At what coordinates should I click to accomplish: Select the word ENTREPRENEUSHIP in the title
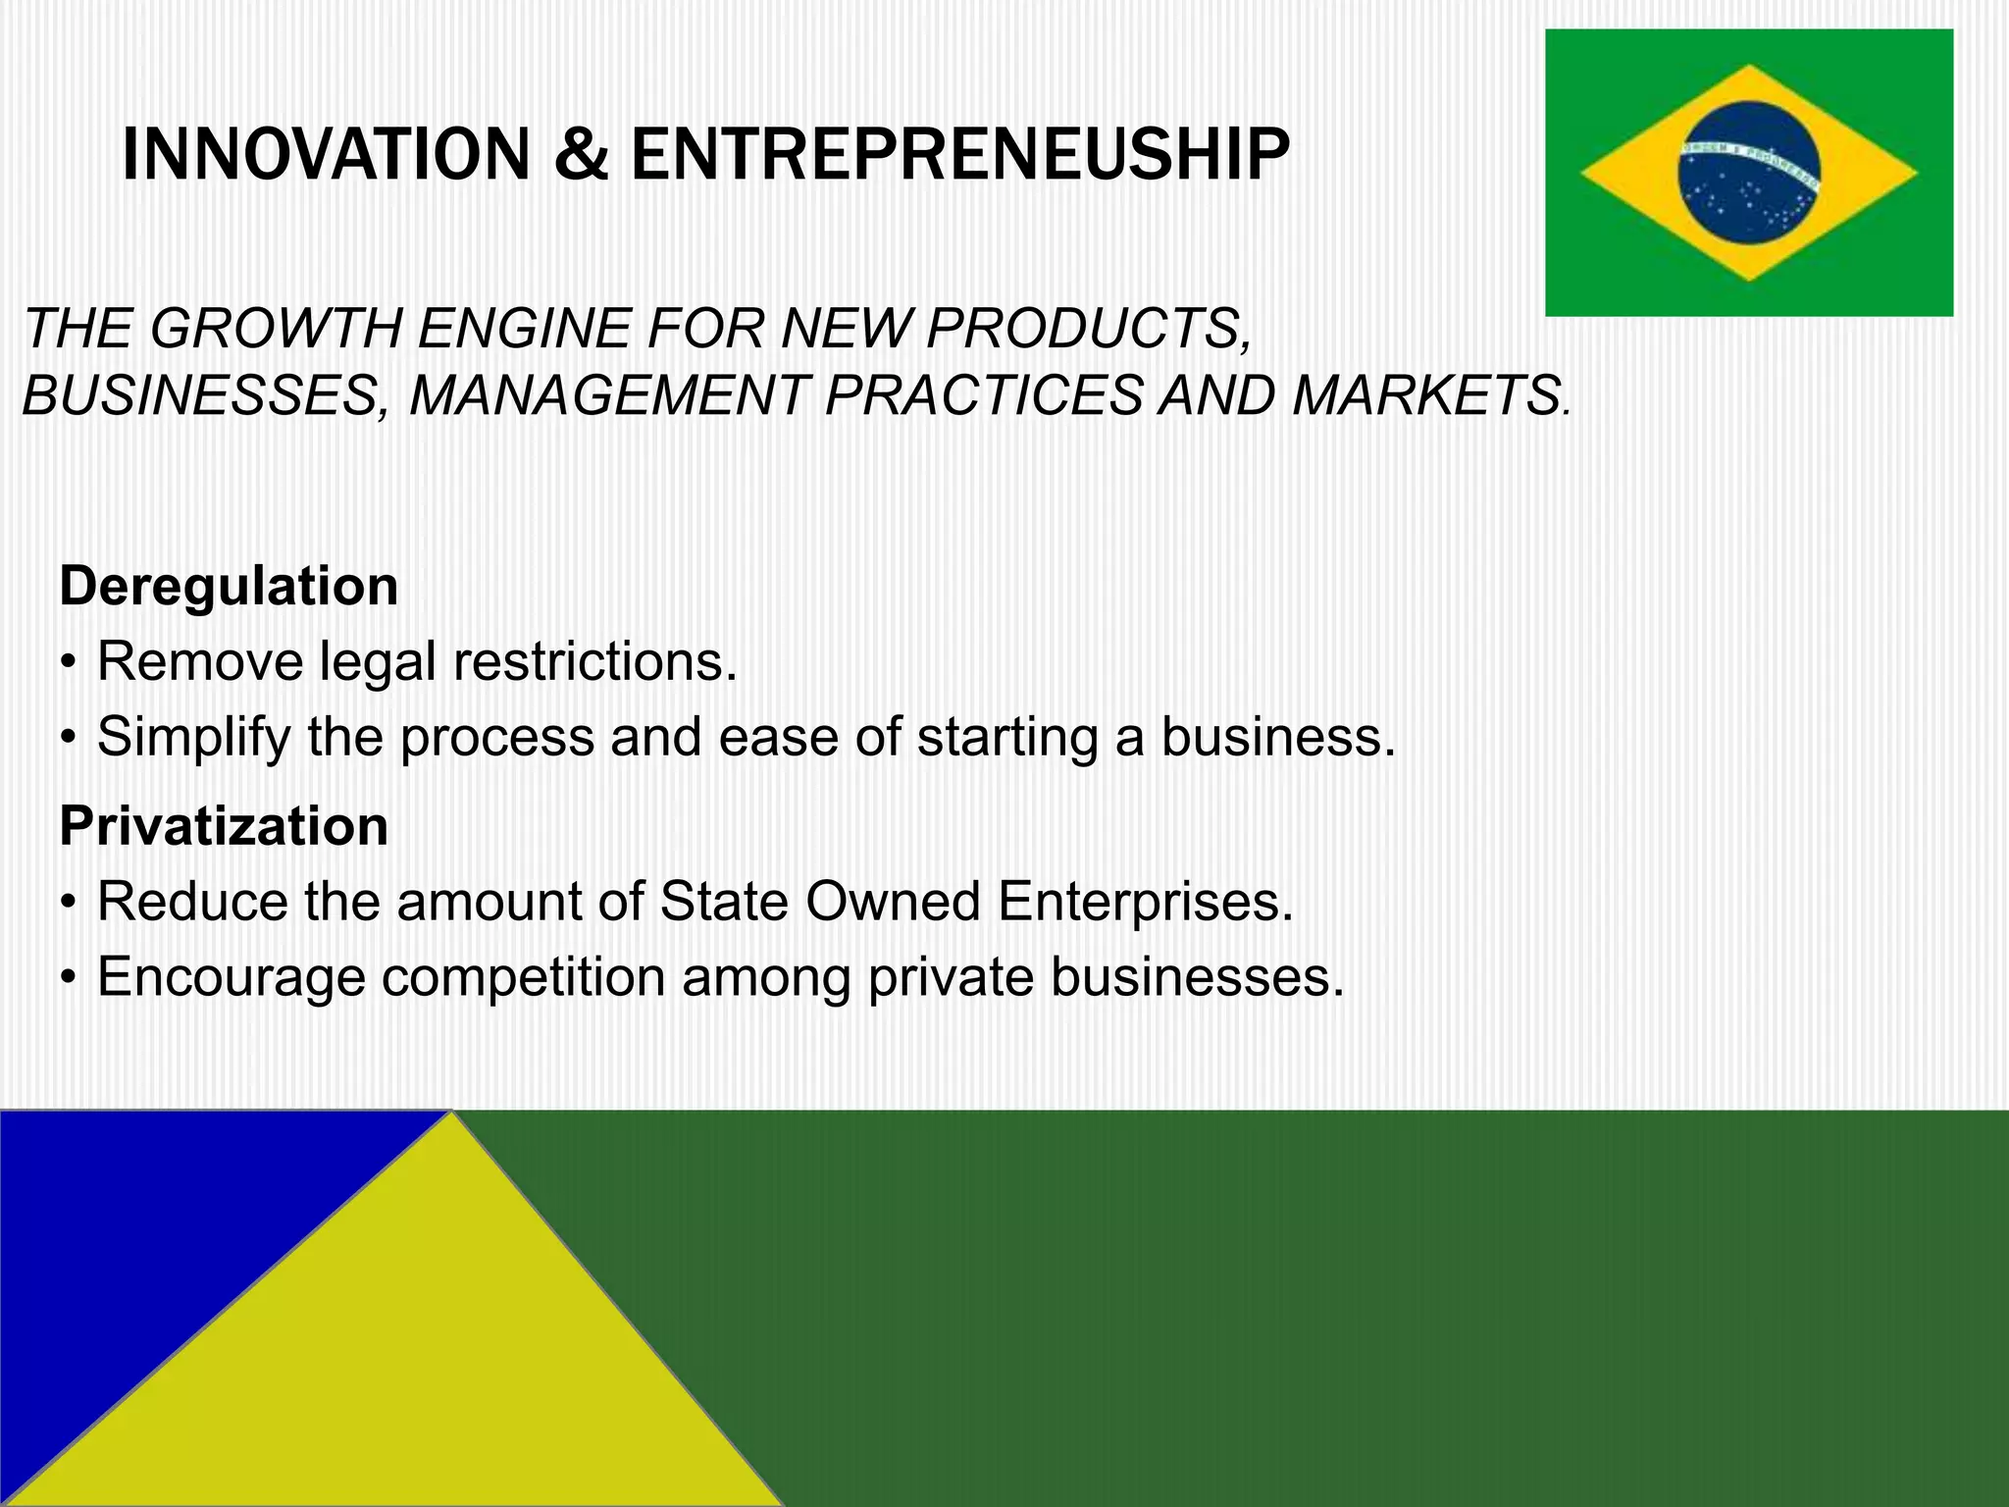coord(959,155)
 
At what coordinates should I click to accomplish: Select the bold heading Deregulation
coord(229,586)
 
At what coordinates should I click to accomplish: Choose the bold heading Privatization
coord(224,825)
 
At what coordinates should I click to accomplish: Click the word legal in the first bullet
coord(378,661)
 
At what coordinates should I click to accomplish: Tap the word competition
coord(523,977)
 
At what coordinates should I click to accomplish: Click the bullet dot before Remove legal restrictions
coord(67,663)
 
